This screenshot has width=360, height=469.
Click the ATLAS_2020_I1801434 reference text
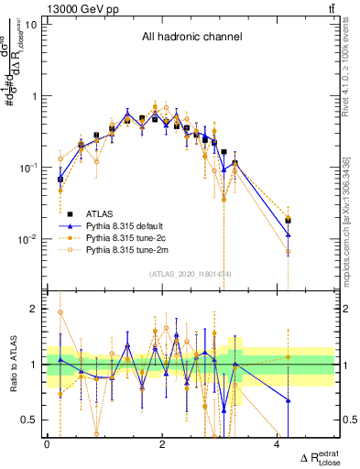(191, 274)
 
